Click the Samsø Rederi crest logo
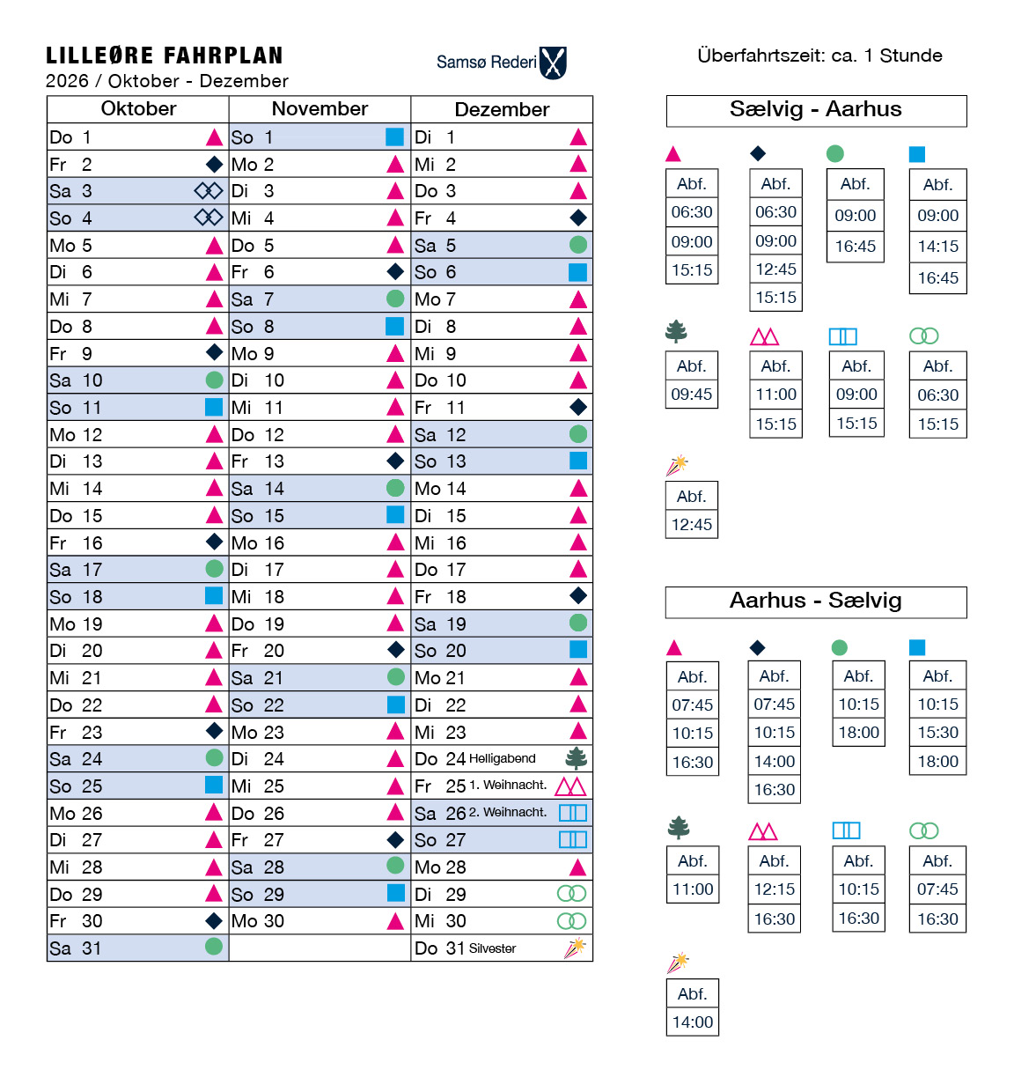coord(553,63)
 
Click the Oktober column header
coord(138,109)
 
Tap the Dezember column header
coord(502,109)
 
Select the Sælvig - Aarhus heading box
coord(816,110)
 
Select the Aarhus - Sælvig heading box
coord(816,601)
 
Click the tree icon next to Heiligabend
coord(577,757)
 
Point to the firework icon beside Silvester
coord(575,948)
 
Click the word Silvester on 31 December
coord(493,948)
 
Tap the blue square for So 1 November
coord(394,136)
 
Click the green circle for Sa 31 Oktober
coord(214,947)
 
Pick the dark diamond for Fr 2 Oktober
coord(214,164)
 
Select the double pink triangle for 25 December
coord(571,786)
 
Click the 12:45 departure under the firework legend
coord(692,525)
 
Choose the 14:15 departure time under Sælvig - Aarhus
coord(937,247)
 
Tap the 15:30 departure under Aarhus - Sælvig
coord(937,733)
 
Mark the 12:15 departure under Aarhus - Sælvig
coord(775,889)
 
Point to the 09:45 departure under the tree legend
coord(692,395)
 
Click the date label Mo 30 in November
coord(258,921)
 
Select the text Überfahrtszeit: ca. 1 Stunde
coord(819,55)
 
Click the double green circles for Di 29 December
coord(571,894)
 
